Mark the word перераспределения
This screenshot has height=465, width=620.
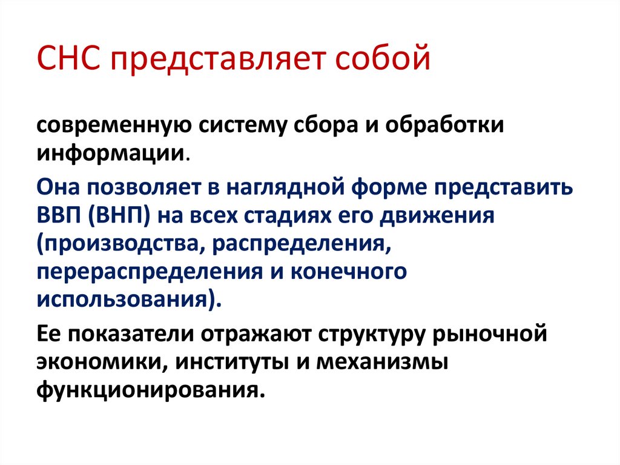tap(148, 271)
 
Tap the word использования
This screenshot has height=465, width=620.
tap(125, 299)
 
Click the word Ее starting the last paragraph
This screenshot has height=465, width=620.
tap(49, 335)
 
